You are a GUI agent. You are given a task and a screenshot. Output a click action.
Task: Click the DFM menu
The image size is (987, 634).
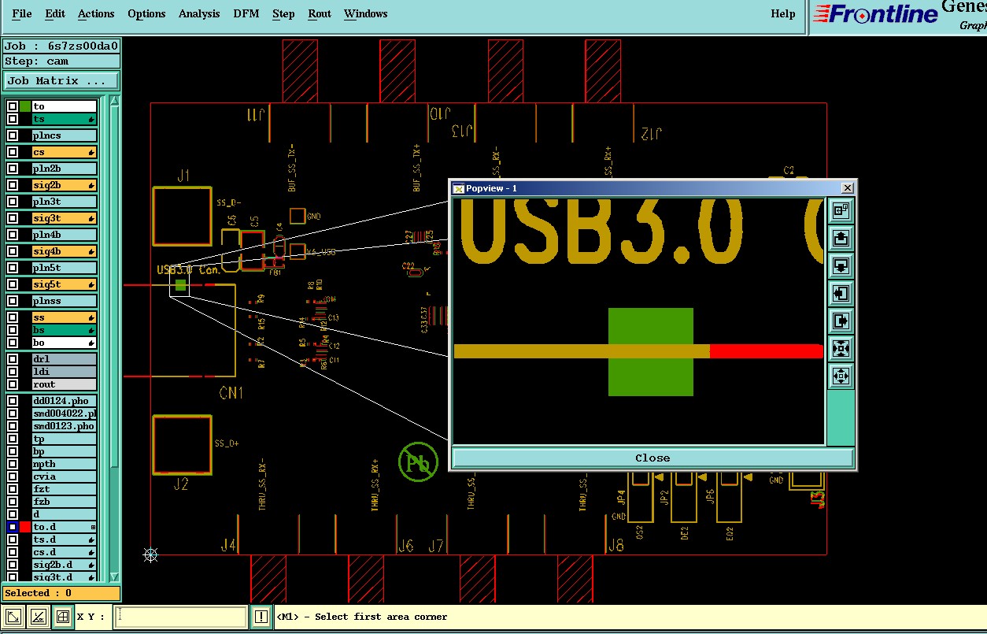pyautogui.click(x=246, y=13)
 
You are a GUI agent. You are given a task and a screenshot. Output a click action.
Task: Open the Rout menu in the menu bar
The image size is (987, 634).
pyautogui.click(x=320, y=13)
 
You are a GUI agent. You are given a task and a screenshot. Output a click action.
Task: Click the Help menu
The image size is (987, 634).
pyautogui.click(x=782, y=13)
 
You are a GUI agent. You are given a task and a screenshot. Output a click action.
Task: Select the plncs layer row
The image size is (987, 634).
pyautogui.click(x=65, y=135)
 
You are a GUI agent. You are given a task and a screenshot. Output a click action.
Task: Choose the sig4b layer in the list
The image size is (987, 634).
pyautogui.click(x=65, y=251)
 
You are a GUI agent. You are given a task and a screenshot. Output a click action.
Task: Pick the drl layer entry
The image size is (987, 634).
pyautogui.click(x=65, y=359)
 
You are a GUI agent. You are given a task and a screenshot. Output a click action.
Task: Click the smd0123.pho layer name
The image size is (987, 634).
pyautogui.click(x=65, y=426)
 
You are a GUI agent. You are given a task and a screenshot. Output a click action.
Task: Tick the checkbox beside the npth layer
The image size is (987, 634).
pyautogui.click(x=13, y=464)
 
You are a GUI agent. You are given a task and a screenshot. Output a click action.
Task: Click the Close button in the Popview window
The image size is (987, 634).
pyautogui.click(x=652, y=458)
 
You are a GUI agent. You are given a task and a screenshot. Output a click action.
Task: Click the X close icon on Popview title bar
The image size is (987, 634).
pyautogui.click(x=847, y=188)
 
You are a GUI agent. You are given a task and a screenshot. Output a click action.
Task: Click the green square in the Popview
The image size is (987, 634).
pyautogui.click(x=651, y=351)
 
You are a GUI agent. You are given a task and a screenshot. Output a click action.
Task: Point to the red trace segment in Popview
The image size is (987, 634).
pyautogui.click(x=766, y=351)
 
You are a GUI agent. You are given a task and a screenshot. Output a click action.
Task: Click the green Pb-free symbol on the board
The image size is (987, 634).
pyautogui.click(x=418, y=462)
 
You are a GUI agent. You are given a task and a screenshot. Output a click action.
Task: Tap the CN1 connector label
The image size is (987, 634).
pyautogui.click(x=231, y=392)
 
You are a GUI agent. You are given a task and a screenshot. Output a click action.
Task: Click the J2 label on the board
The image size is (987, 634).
pyautogui.click(x=181, y=484)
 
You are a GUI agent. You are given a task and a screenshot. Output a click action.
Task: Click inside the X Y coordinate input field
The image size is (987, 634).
pyautogui.click(x=181, y=617)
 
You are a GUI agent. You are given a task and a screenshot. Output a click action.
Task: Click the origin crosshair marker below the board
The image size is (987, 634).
pyautogui.click(x=150, y=555)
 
